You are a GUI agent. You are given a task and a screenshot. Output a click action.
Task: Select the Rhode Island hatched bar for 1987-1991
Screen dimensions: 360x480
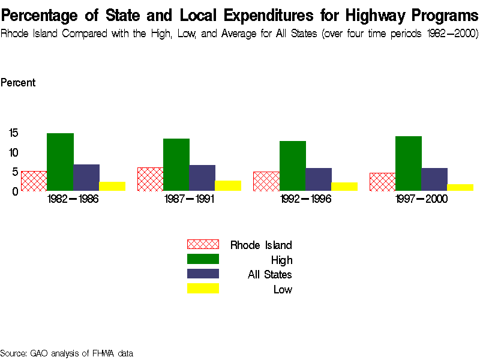click(x=150, y=179)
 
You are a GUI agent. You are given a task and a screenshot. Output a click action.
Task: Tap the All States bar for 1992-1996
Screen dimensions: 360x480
click(x=319, y=179)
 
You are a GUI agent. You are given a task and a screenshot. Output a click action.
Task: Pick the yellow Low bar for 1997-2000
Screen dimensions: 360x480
click(x=460, y=188)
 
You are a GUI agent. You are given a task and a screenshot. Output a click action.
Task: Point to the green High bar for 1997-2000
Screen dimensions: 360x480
click(x=409, y=164)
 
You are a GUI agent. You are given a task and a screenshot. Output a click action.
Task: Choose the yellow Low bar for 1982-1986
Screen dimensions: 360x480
click(x=112, y=187)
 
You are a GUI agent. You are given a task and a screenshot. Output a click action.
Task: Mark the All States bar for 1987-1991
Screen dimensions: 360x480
click(x=202, y=178)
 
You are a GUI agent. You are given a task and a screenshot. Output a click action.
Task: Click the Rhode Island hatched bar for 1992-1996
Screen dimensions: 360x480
click(x=266, y=181)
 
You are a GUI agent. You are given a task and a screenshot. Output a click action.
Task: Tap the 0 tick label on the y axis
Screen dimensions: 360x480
click(x=14, y=191)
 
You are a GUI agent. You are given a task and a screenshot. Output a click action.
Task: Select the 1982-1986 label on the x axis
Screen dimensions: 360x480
click(x=73, y=200)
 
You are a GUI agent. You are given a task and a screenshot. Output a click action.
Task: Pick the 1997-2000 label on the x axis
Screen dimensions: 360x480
click(x=422, y=200)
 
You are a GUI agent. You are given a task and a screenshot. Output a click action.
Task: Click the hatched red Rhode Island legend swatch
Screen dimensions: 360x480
click(x=203, y=245)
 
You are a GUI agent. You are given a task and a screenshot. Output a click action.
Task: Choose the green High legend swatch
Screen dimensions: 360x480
click(x=203, y=259)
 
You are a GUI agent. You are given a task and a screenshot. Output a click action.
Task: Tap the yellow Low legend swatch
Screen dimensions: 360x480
click(x=203, y=289)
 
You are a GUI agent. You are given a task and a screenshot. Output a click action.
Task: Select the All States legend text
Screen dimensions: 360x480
click(x=270, y=275)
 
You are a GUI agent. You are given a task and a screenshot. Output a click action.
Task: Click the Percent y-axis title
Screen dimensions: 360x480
click(x=18, y=83)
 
